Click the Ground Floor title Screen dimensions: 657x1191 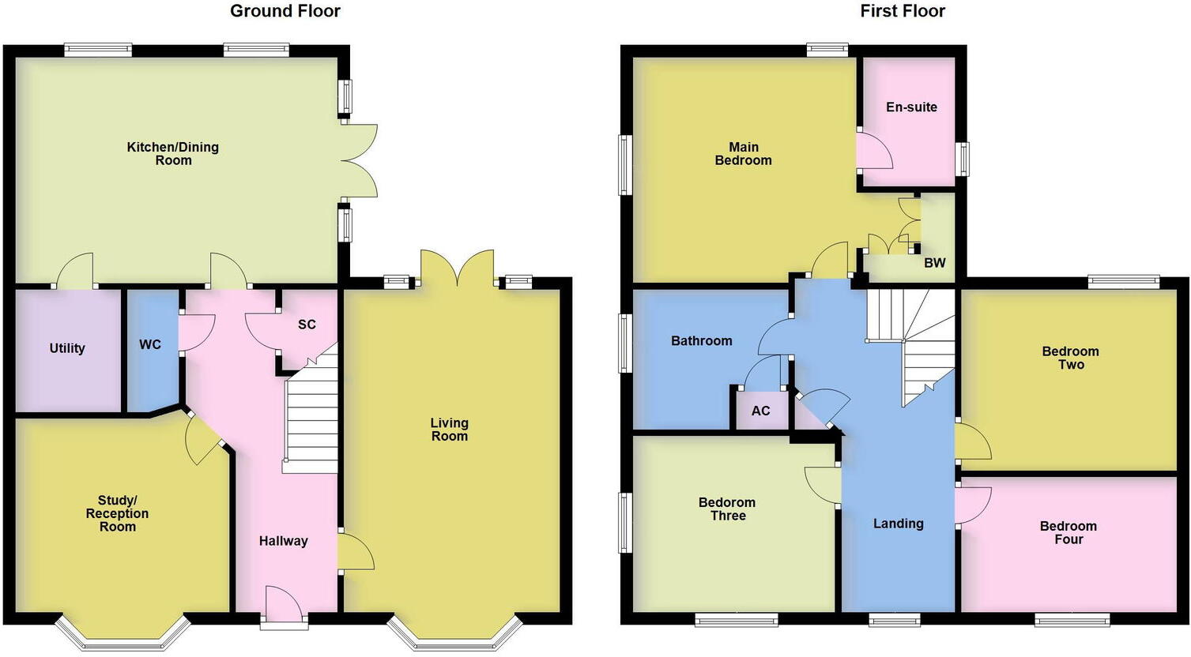285,11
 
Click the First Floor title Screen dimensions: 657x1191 903,11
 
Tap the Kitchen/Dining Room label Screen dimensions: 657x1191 173,153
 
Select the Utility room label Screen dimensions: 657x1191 67,348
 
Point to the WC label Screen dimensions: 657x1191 150,344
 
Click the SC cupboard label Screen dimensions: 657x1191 307,325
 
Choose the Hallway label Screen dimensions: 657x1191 283,541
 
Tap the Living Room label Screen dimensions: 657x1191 449,430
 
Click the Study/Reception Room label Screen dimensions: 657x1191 117,513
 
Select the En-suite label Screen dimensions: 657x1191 911,107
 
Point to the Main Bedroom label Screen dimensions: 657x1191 743,153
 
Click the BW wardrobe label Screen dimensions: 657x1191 934,263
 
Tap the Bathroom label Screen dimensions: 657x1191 701,340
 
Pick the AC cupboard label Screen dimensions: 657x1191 760,411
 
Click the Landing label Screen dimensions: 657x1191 898,524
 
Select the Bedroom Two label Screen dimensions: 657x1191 1070,358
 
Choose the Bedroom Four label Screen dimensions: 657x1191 1068,532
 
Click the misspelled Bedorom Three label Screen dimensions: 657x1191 727,509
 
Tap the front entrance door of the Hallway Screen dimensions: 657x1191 284,608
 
